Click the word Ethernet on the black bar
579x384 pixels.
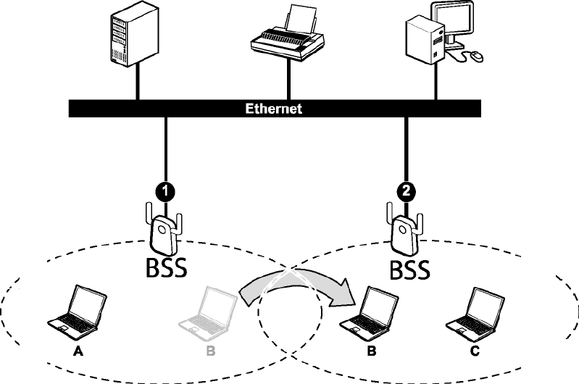(274, 109)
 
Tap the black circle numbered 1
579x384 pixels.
(165, 191)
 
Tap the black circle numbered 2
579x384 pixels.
(407, 191)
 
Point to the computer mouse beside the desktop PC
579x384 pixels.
(476, 56)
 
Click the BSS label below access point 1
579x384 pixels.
(166, 267)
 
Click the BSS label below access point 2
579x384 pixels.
(410, 270)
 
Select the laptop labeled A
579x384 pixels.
(77, 312)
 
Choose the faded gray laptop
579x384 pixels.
(207, 313)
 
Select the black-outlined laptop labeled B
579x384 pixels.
(369, 313)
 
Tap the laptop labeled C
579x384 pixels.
(475, 313)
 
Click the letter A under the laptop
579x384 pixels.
(78, 351)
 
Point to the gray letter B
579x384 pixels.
(210, 351)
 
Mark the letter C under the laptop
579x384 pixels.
(475, 351)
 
